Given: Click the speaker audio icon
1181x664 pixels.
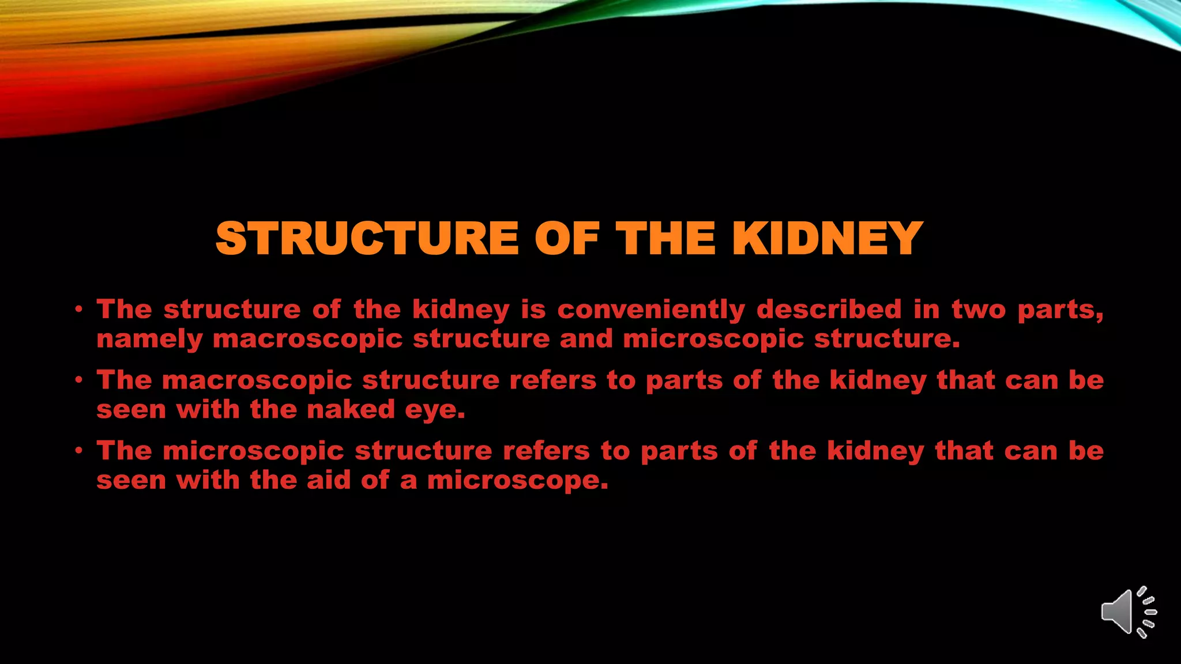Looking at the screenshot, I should [1128, 612].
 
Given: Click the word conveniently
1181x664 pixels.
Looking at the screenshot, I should [651, 310].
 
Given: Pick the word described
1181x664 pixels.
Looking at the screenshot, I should [829, 310].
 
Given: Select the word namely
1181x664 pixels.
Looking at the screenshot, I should [149, 339].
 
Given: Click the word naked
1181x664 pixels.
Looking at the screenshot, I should [351, 410].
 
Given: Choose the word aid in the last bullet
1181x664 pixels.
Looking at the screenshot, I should [328, 480].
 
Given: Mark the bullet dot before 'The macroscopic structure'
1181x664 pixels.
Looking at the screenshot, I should [79, 380].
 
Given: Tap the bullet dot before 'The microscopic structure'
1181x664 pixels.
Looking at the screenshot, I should [79, 451].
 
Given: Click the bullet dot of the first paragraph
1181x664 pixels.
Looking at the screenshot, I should [79, 310].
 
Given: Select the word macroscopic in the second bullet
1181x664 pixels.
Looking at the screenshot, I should [257, 381].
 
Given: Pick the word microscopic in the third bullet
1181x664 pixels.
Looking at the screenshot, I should [254, 451].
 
